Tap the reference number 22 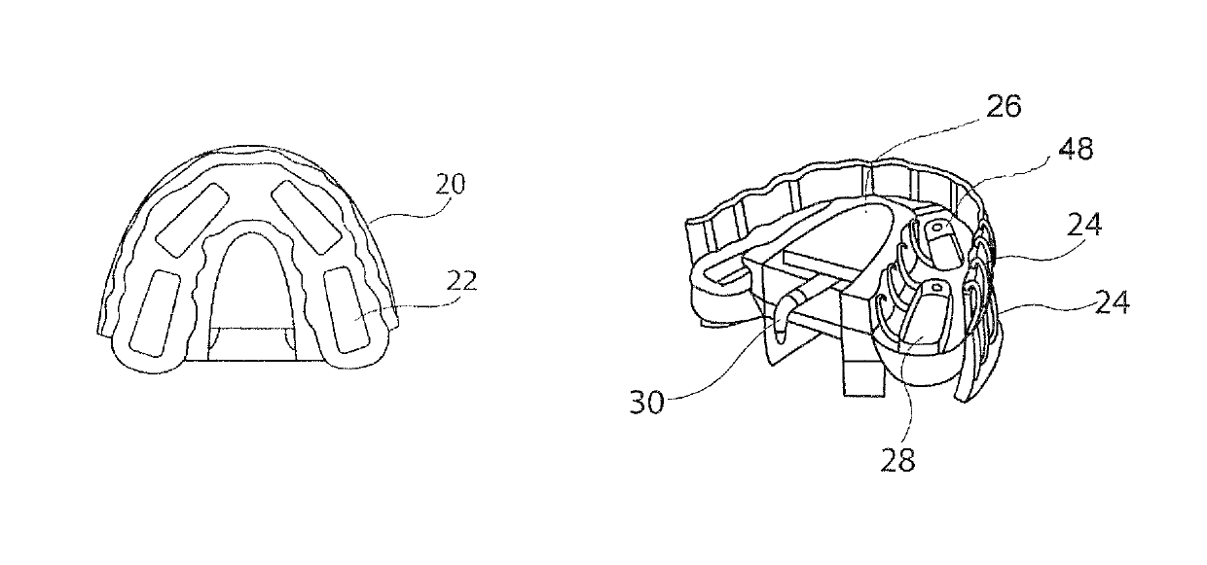click(x=463, y=282)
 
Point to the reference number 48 click(x=1078, y=149)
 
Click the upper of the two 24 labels click(x=1084, y=226)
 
